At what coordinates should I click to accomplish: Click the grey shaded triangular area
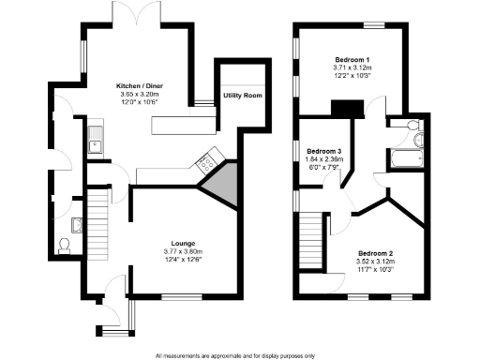click(x=220, y=184)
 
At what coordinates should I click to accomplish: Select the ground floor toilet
click(x=65, y=246)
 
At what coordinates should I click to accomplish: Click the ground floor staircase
click(x=97, y=220)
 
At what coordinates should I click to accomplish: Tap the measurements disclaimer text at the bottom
click(x=235, y=354)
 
